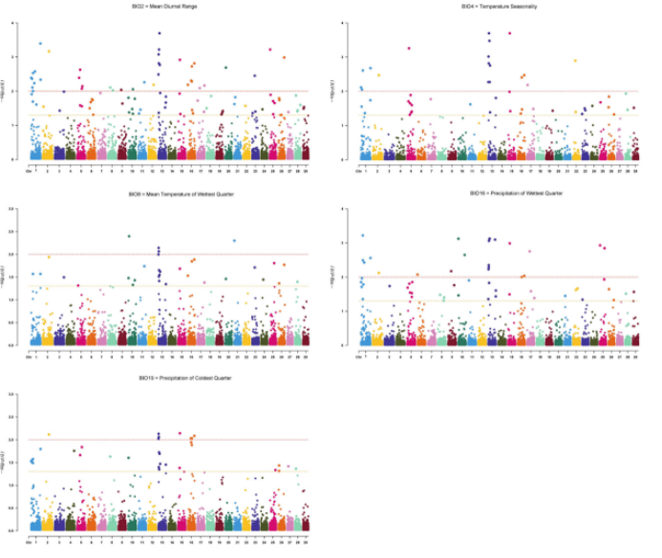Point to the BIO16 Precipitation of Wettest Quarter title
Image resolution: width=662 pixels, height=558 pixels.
point(489,194)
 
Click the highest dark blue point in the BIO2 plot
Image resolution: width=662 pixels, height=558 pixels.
point(159,33)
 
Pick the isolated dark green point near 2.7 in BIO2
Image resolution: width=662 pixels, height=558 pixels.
point(225,68)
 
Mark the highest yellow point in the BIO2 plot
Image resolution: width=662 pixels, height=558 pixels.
point(49,52)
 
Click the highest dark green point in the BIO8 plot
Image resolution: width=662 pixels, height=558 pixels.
point(129,237)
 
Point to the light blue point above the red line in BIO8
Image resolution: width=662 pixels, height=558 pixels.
point(234,240)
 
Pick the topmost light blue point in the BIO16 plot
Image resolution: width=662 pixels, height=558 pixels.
point(362,236)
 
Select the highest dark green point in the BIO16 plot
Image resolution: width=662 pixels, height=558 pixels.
point(459,238)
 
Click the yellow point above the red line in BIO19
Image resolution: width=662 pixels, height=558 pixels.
point(49,435)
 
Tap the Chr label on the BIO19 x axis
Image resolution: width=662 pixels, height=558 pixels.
point(29,542)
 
